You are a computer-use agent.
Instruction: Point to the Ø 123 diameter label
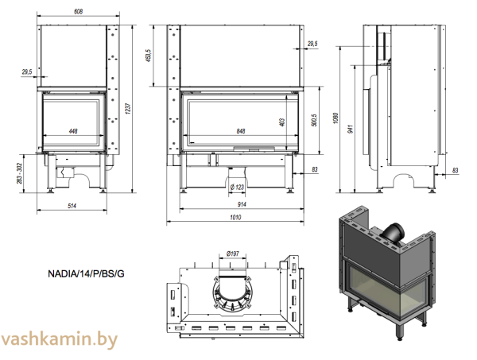(236, 187)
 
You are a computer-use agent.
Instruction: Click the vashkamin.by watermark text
(60, 339)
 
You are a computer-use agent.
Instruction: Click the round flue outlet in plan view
(233, 290)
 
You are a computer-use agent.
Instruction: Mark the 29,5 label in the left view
(27, 72)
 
